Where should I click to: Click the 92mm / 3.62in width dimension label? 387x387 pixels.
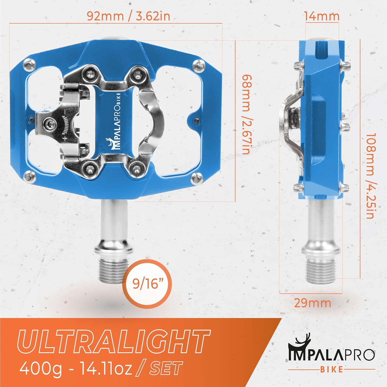pos(128,16)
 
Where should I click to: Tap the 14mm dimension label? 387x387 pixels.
pos(321,16)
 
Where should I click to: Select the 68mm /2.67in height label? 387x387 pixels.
pos(246,114)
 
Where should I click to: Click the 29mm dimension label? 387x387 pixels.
pos(312,303)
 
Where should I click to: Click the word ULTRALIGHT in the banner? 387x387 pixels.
pos(114,341)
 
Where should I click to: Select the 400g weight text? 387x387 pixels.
pos(41,368)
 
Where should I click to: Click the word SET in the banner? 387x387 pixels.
pos(166,368)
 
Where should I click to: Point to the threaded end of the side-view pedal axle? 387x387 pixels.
pos(321,268)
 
